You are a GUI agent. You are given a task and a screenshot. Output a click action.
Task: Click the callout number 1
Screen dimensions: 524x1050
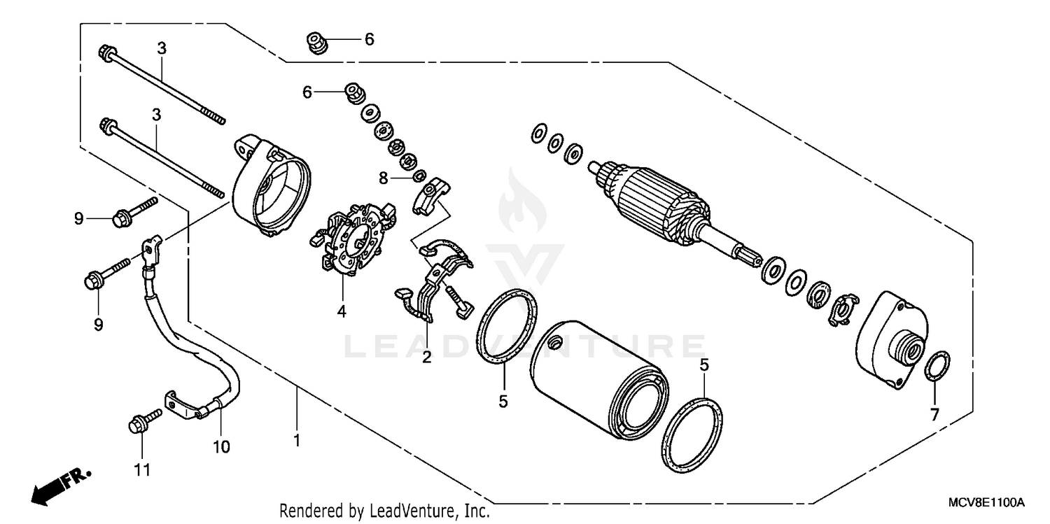[x=297, y=441]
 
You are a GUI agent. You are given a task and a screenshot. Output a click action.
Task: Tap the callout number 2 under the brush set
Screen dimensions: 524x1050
[x=426, y=358]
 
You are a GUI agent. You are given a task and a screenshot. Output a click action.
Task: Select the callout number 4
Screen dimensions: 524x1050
[x=342, y=312]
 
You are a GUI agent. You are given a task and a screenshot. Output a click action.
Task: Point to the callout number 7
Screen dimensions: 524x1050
[x=934, y=414]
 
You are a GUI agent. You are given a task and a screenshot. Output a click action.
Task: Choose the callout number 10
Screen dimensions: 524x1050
[x=221, y=446]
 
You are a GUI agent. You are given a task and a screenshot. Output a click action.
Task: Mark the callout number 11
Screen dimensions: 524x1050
[x=142, y=471]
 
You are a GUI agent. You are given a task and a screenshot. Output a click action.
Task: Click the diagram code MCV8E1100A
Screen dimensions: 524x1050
[x=986, y=503]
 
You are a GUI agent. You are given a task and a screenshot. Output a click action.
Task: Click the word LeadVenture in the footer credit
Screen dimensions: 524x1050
[x=414, y=511]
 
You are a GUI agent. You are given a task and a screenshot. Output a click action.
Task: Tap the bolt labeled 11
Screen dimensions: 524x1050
[x=144, y=420]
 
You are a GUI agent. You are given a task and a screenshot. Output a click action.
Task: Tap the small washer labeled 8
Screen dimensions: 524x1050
[x=420, y=174]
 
